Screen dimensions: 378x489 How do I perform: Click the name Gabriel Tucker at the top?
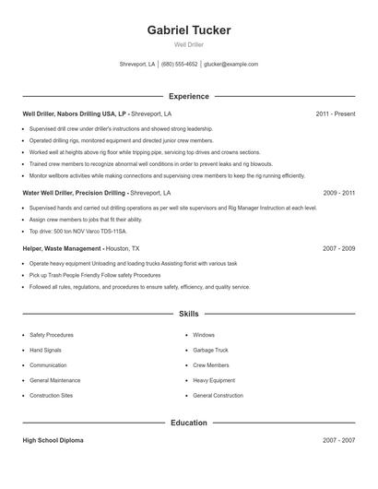point(188,30)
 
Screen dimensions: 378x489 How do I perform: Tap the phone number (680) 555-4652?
point(180,65)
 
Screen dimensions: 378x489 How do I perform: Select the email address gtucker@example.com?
point(230,65)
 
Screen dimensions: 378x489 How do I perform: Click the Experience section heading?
point(188,96)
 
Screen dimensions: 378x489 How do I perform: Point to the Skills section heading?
point(188,315)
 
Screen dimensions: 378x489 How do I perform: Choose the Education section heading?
point(188,423)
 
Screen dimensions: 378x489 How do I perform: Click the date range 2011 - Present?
point(335,113)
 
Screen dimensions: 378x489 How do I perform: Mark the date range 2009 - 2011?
point(338,193)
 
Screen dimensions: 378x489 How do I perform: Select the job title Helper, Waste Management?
point(62,248)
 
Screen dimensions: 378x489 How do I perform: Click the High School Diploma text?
point(53,441)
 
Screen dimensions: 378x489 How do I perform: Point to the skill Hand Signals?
point(47,350)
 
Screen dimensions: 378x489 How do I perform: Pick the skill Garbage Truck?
point(209,350)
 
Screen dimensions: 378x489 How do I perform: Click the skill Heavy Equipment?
point(213,380)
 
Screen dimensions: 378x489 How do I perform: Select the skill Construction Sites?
point(51,395)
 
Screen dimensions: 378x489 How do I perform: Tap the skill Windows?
point(203,335)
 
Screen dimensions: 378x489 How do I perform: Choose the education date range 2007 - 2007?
point(338,441)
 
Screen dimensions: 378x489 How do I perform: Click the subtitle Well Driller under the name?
point(188,44)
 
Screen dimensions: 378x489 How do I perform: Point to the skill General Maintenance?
point(54,380)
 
